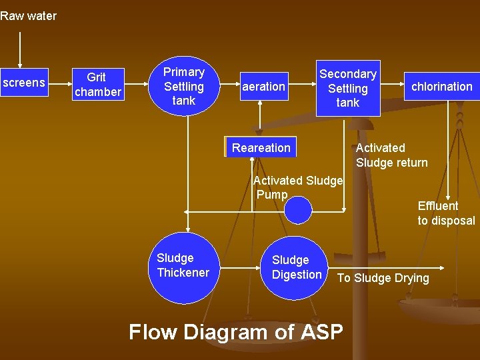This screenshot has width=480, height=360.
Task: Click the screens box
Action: pyautogui.click(x=25, y=83)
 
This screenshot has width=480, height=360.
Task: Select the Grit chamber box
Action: pyautogui.click(x=98, y=85)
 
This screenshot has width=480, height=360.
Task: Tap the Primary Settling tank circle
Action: pyautogui.click(x=184, y=85)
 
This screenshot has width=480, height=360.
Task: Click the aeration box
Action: pyautogui.click(x=264, y=86)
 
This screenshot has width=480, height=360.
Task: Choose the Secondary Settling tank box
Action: pyautogui.click(x=347, y=88)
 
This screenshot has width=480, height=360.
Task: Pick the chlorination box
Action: pyautogui.click(x=441, y=86)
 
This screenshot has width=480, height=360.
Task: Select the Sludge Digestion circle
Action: pyautogui.click(x=297, y=267)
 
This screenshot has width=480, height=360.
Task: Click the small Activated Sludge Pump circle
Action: pyautogui.click(x=297, y=211)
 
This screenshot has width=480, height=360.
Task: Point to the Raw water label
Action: pyautogui.click(x=29, y=16)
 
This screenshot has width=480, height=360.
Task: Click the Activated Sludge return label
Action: pyautogui.click(x=392, y=155)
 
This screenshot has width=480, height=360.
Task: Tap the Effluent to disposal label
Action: pyautogui.click(x=446, y=213)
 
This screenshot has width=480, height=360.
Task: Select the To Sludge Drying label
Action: pyautogui.click(x=383, y=278)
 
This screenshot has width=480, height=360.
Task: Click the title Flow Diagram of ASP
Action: pyautogui.click(x=236, y=331)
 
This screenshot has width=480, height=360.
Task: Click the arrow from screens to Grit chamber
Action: pyautogui.click(x=60, y=84)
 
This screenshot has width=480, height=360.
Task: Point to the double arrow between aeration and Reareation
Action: pyautogui.click(x=260, y=119)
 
